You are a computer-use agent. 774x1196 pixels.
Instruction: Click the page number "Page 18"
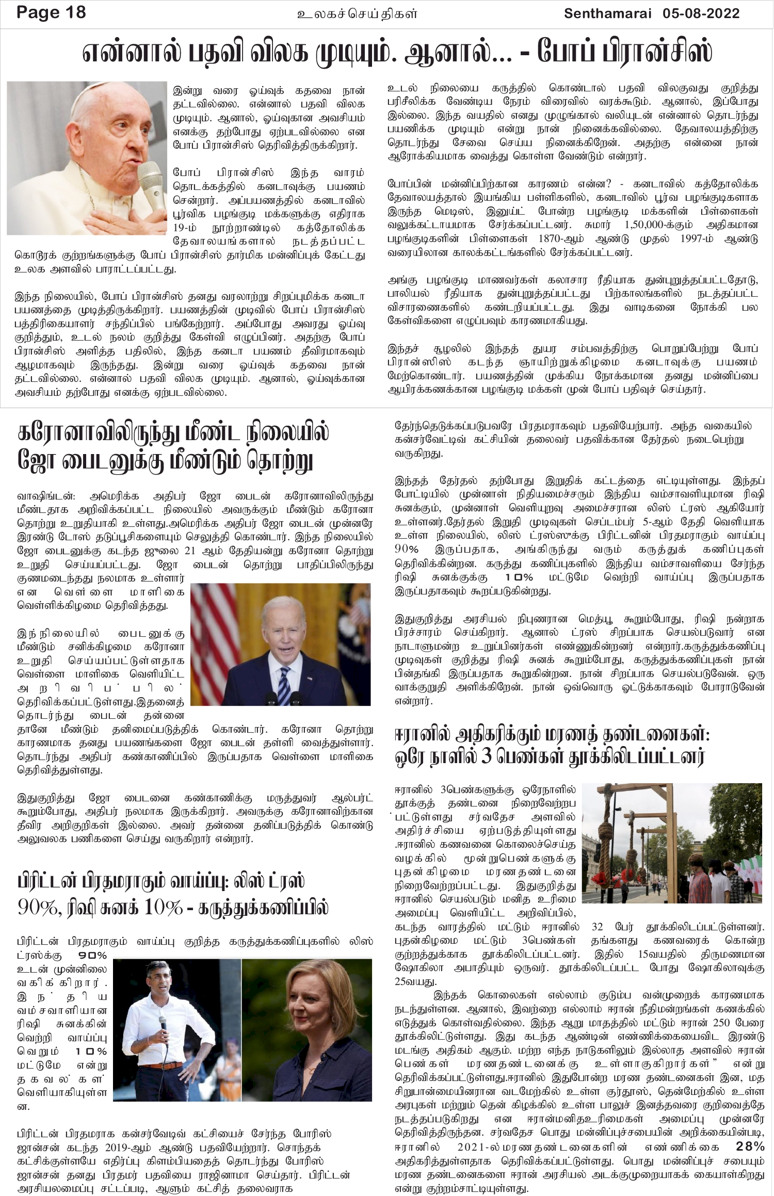point(51,12)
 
